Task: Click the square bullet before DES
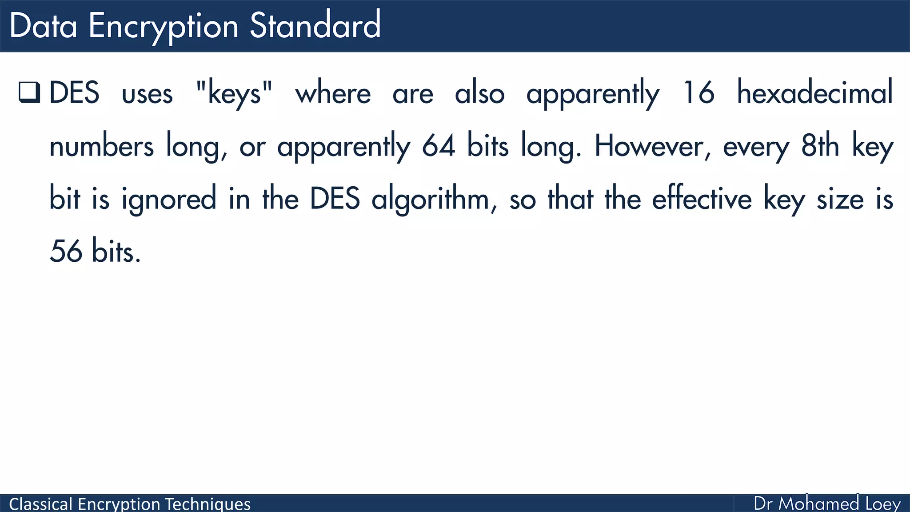[30, 92]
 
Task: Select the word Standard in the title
[315, 26]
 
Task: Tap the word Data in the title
[43, 26]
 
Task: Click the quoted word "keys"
[234, 93]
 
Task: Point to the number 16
[698, 93]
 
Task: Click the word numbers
[101, 147]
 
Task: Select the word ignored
[169, 199]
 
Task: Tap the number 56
[66, 252]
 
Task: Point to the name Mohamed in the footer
[818, 504]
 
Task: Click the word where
[333, 93]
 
